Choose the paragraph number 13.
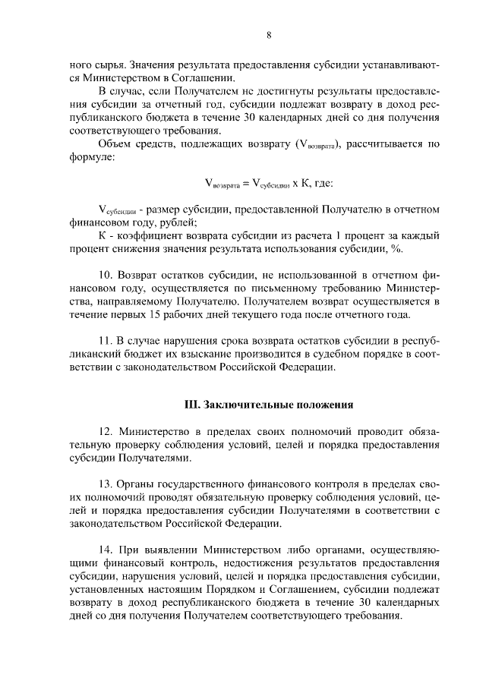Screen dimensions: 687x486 tap(106, 484)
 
